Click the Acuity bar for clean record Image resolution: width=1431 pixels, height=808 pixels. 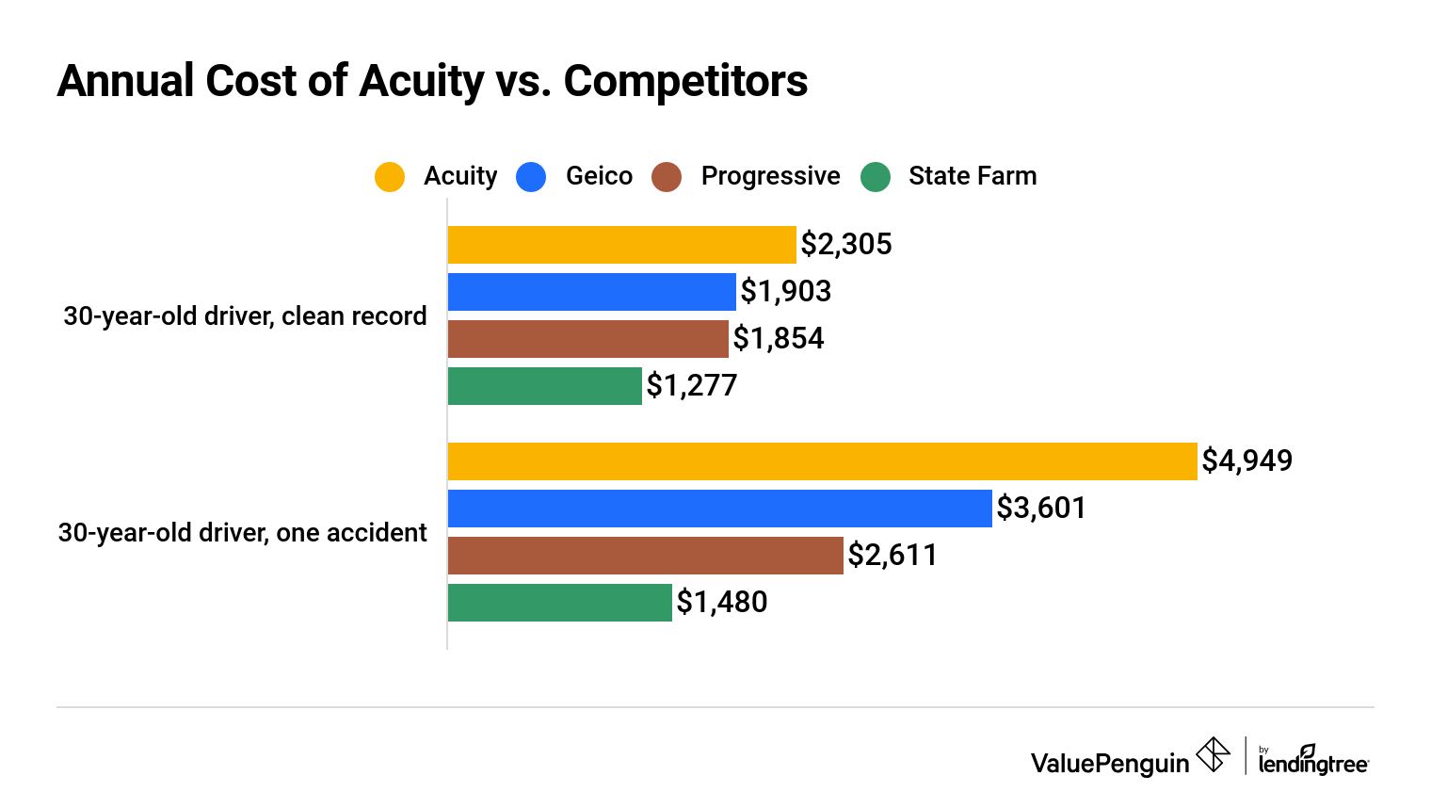[621, 245]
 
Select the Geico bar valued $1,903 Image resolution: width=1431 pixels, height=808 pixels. [591, 292]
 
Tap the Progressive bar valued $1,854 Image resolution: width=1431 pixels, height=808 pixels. [587, 339]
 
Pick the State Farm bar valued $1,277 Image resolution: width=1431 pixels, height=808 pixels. [544, 386]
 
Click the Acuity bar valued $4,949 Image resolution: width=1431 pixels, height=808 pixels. [822, 461]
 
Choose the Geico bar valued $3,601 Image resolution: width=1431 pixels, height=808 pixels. [719, 509]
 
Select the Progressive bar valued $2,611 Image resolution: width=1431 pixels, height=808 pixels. [645, 556]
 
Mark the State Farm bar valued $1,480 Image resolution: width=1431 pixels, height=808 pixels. [559, 603]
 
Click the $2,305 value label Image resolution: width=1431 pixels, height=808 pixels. [845, 245]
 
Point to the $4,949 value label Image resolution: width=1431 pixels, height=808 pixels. [1246, 461]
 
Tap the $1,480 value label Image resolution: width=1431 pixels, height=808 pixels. [721, 603]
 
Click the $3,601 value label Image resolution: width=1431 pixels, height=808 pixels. [1041, 509]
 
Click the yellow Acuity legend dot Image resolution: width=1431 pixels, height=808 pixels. [390, 177]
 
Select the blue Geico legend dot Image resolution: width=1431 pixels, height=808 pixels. [531, 177]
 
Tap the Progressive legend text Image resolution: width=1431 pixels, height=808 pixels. [770, 176]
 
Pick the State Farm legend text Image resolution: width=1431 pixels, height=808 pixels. [972, 176]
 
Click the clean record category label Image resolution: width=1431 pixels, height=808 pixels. [245, 316]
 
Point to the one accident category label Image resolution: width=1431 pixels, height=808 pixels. [242, 533]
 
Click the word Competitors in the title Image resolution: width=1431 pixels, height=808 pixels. [684, 81]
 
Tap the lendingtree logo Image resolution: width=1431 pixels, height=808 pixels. [1312, 761]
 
